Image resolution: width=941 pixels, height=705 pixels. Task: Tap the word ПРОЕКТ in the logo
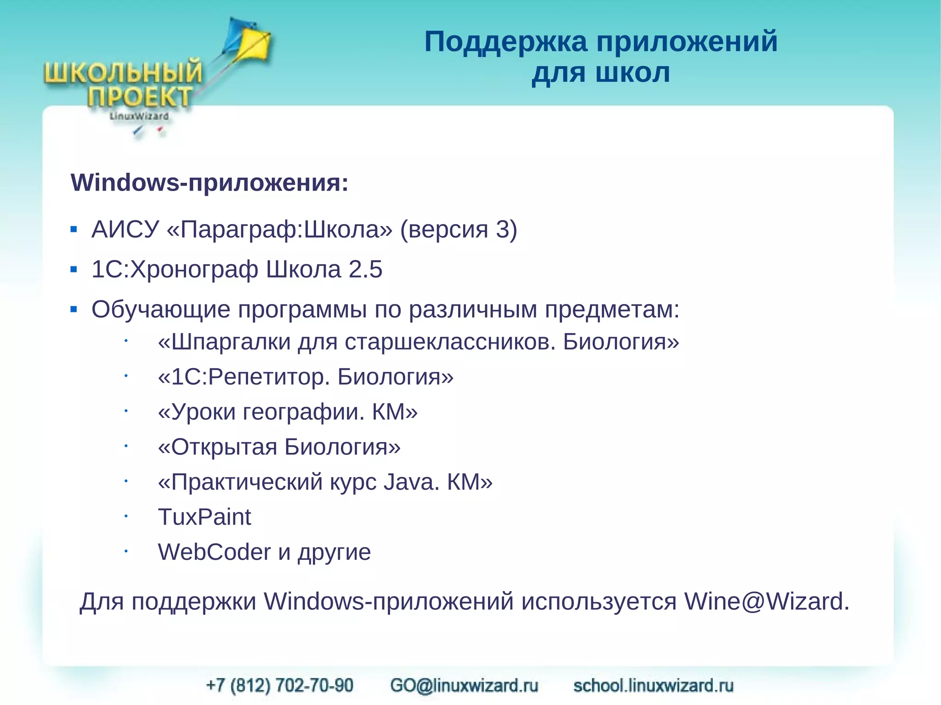140,97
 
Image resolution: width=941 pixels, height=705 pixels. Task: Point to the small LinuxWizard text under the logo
139,117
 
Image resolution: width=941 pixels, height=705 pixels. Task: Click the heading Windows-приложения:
210,183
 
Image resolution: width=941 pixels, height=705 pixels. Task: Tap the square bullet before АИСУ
74,229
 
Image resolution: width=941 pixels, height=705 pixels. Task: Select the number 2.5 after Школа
365,269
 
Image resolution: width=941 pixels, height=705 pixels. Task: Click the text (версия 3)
459,229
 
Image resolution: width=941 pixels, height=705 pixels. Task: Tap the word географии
303,412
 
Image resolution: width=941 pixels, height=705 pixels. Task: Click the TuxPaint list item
204,517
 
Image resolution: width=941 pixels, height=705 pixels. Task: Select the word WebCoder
214,552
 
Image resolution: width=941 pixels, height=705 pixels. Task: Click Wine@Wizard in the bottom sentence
766,601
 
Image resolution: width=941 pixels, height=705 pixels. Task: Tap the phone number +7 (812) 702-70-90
280,685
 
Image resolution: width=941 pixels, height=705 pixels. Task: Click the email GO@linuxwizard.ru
464,685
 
